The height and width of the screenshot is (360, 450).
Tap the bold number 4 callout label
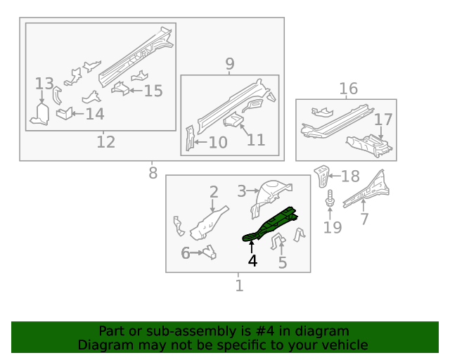pos(252,261)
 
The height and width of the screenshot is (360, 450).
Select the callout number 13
pos(44,84)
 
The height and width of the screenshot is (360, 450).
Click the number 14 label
pos(94,115)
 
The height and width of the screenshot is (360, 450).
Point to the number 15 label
pos(153,91)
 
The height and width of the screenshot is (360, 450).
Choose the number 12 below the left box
pos(105,143)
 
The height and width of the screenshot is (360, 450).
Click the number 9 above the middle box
pos(230,65)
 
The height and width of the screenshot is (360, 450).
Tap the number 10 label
pos(217,143)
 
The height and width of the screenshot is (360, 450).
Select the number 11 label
pos(256,139)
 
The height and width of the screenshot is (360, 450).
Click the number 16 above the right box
pos(348,89)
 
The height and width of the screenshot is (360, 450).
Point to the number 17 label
pos(382,120)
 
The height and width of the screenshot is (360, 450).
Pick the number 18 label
pos(349,176)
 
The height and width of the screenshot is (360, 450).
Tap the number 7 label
pos(364,219)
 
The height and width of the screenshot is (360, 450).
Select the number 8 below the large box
pos(153,173)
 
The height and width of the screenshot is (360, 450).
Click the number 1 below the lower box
pos(239,285)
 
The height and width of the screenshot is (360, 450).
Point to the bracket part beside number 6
pos(209,250)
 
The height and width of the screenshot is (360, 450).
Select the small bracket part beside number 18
pos(322,176)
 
